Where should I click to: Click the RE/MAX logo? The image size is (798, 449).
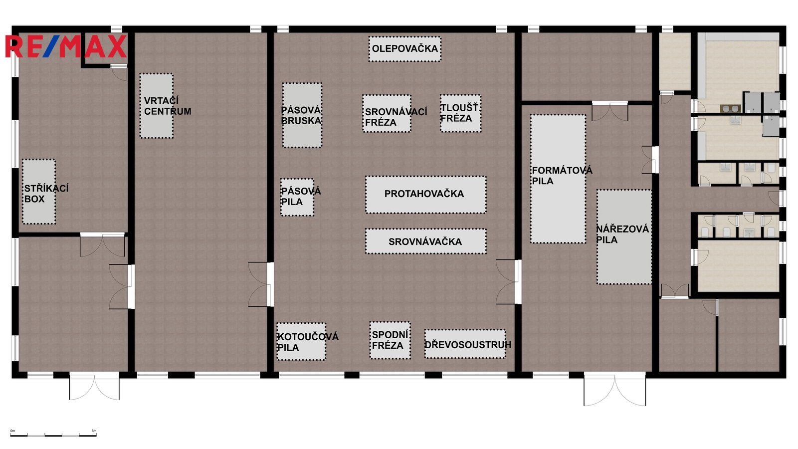pyautogui.click(x=66, y=46)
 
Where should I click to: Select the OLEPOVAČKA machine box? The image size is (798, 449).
pyautogui.click(x=404, y=49)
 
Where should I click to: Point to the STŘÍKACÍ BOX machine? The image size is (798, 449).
pyautogui.click(x=39, y=192)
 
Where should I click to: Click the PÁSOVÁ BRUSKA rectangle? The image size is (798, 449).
pyautogui.click(x=302, y=115)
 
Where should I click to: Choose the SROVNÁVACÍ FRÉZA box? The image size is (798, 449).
pyautogui.click(x=387, y=113)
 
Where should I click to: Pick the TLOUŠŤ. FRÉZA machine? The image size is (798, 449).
pyautogui.click(x=461, y=113)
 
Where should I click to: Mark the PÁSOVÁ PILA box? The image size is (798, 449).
pyautogui.click(x=297, y=197)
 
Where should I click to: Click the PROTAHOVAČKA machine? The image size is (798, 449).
pyautogui.click(x=426, y=195)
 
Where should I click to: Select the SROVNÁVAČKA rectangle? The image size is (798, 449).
pyautogui.click(x=426, y=241)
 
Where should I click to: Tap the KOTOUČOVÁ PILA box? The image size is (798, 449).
pyautogui.click(x=301, y=341)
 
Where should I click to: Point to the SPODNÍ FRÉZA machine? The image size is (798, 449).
pyautogui.click(x=390, y=340)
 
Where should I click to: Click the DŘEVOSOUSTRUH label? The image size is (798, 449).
pyautogui.click(x=468, y=345)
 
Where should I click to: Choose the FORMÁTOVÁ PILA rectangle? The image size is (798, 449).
pyautogui.click(x=558, y=179)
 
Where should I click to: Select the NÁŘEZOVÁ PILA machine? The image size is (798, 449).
pyautogui.click(x=624, y=237)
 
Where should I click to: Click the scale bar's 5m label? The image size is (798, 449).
pyautogui.click(x=94, y=431)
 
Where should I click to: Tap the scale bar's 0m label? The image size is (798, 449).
pyautogui.click(x=13, y=431)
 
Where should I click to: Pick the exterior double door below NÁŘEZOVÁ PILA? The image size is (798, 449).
pyautogui.click(x=614, y=389)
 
